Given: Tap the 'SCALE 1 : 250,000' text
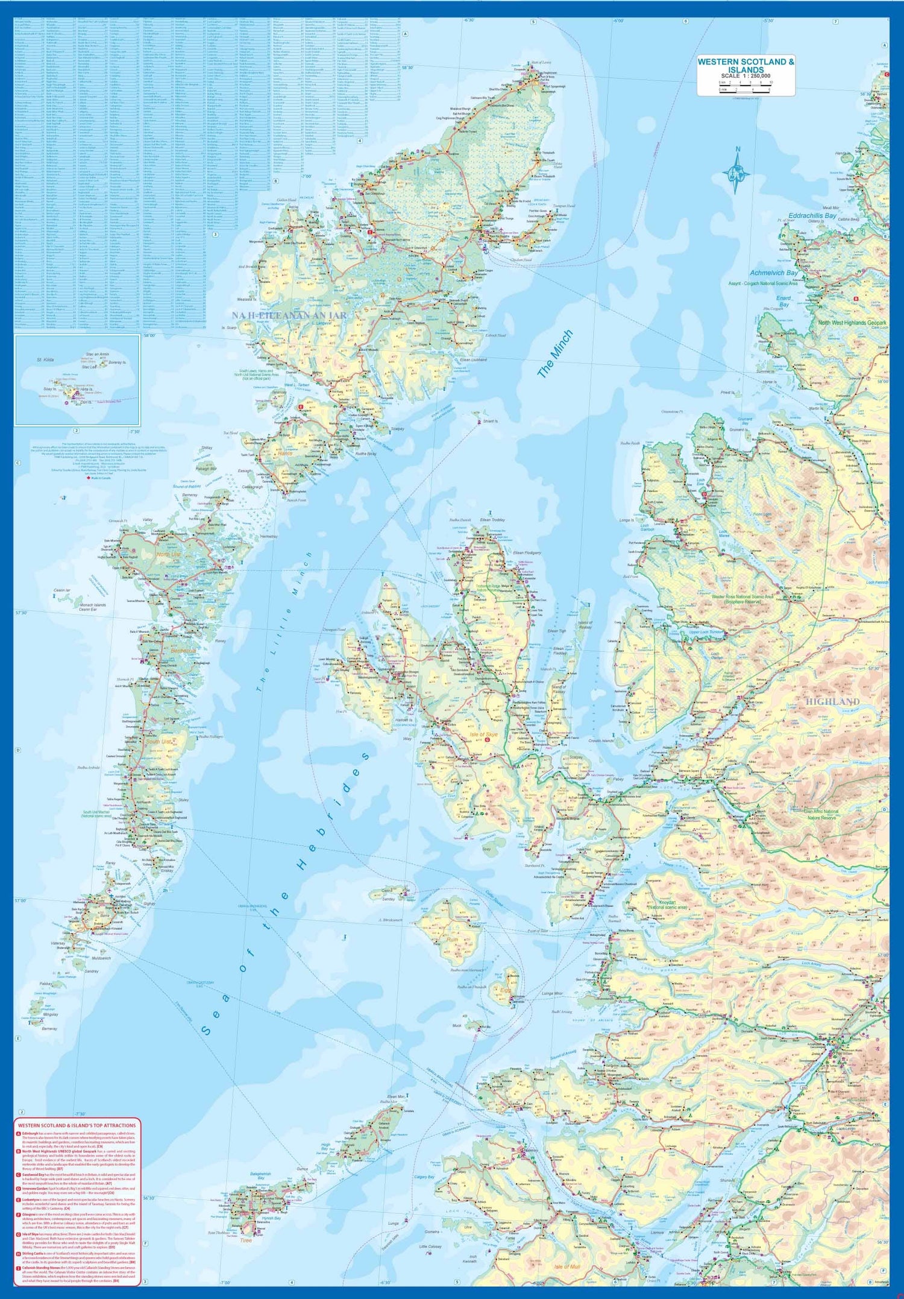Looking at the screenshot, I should pyautogui.click(x=745, y=76).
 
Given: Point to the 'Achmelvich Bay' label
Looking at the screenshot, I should pyautogui.click(x=774, y=273).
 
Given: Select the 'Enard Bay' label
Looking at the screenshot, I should pyautogui.click(x=783, y=301).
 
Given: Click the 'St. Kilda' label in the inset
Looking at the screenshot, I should pyautogui.click(x=45, y=360).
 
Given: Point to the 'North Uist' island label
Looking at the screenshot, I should pyautogui.click(x=169, y=554).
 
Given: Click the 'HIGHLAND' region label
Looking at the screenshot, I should pyautogui.click(x=832, y=702).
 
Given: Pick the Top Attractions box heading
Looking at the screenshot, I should pyautogui.click(x=77, y=1125).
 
